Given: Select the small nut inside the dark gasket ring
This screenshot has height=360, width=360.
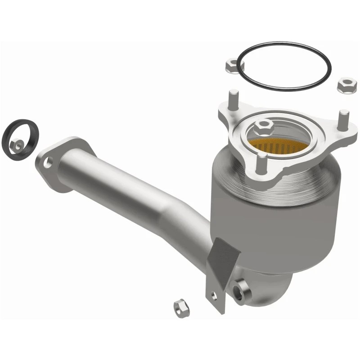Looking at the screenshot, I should (x=19, y=144).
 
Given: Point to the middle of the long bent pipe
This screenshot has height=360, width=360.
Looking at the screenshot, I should (x=135, y=189).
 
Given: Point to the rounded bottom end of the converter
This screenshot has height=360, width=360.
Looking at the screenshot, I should (x=270, y=288).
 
